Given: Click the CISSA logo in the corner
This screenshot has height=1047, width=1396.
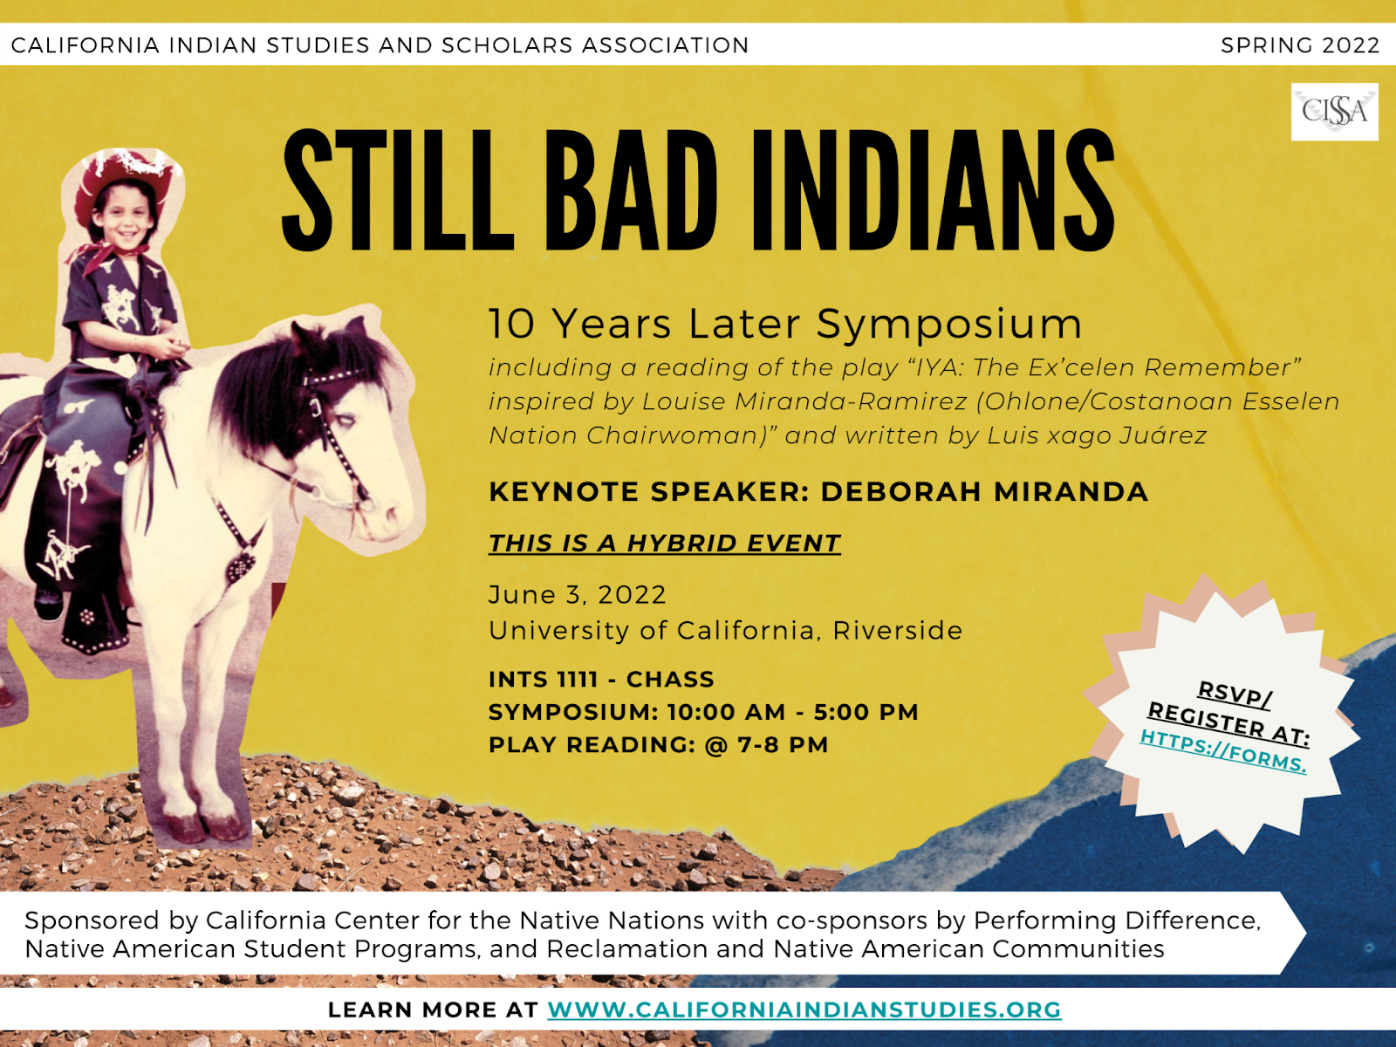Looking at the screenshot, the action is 1334,112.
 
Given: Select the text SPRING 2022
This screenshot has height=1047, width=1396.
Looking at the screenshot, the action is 1300,45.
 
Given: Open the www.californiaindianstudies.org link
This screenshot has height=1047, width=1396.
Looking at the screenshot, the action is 804,1009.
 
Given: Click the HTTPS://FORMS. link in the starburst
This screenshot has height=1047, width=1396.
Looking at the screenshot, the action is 1223,750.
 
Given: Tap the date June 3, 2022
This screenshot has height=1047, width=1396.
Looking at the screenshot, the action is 577,595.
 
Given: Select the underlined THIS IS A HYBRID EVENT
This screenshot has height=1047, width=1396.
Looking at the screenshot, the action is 665,544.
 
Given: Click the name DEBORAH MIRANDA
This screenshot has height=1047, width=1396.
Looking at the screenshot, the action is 984,492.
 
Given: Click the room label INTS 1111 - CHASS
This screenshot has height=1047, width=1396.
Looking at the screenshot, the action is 601,679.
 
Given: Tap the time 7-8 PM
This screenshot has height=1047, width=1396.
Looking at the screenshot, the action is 783,744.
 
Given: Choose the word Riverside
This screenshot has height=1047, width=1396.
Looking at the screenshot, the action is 898,631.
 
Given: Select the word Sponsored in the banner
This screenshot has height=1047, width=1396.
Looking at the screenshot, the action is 92,921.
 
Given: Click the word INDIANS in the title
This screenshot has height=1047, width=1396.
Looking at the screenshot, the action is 933,190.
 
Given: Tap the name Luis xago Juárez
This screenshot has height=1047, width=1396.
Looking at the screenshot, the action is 1097,435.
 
